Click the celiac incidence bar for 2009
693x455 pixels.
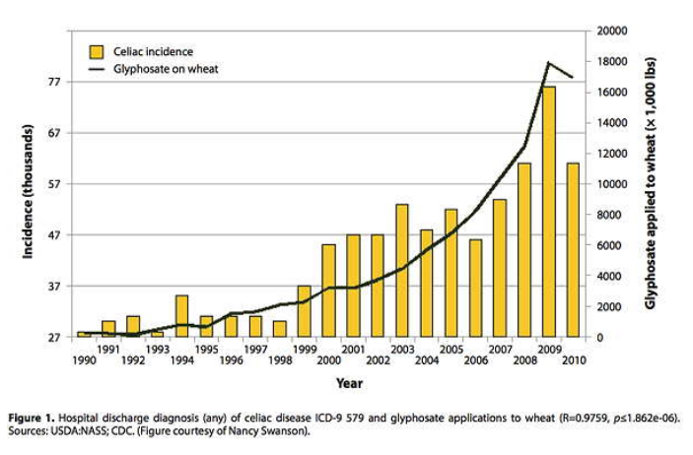point(548,212)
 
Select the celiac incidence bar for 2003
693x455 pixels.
point(402,271)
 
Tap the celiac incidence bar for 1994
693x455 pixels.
point(181,316)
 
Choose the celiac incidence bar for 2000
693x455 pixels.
point(329,291)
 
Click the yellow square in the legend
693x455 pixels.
point(97,50)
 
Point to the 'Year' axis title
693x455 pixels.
point(348,382)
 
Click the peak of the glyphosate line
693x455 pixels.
point(548,63)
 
